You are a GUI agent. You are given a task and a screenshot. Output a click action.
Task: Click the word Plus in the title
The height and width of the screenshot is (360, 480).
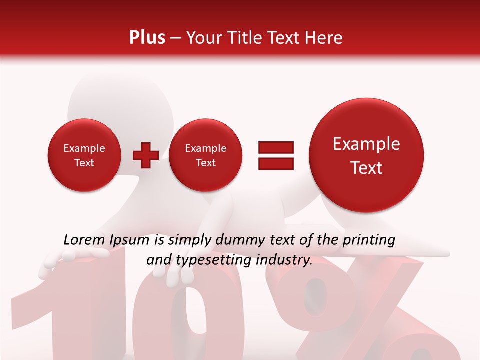(147, 38)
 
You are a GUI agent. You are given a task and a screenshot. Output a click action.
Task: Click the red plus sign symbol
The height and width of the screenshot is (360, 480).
(145, 155)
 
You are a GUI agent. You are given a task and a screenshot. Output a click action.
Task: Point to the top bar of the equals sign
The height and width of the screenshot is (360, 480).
(276, 147)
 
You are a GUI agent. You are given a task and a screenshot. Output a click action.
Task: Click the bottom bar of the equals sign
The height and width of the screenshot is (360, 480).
(276, 163)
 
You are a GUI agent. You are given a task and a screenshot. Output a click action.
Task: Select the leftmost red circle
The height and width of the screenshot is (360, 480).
(84, 155)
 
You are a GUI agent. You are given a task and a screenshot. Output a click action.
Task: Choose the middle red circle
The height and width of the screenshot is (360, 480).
(205, 155)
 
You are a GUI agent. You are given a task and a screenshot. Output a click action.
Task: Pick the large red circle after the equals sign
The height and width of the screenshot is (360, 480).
(366, 155)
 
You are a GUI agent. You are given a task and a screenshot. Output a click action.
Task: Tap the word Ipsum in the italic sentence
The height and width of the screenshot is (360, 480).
(129, 240)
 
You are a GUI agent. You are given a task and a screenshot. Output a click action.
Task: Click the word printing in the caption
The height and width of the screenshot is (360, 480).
(368, 240)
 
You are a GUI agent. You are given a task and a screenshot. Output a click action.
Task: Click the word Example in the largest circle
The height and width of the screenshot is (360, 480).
(366, 144)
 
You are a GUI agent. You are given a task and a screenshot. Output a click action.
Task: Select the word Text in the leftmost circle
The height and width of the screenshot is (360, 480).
(84, 163)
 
